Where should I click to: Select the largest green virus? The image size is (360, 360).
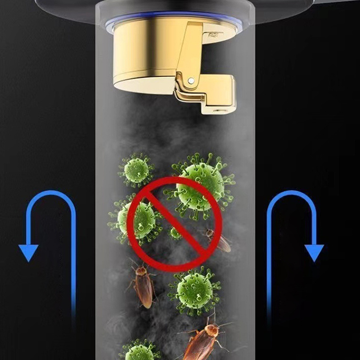(x=201, y=182)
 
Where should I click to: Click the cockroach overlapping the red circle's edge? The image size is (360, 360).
(x=218, y=241)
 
